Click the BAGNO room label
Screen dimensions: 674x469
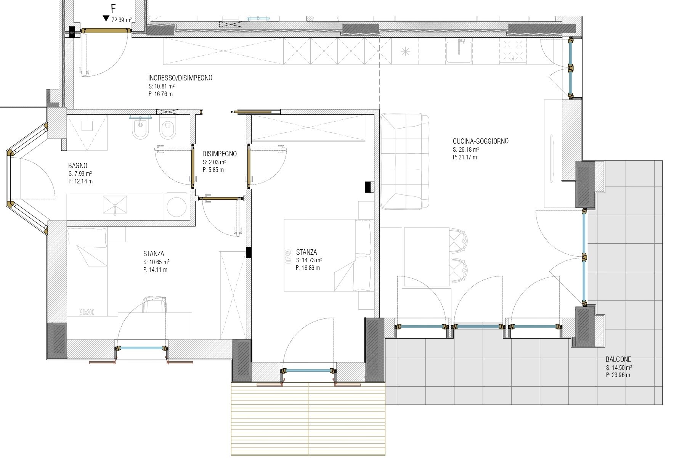pyautogui.click(x=78, y=165)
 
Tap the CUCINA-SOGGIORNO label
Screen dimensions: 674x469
pyautogui.click(x=480, y=141)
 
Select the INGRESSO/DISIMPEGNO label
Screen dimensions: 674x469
pyautogui.click(x=180, y=78)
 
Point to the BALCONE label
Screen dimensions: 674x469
pyautogui.click(x=618, y=359)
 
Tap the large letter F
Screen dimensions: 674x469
pyautogui.click(x=113, y=8)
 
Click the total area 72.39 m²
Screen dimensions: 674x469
pyautogui.click(x=122, y=20)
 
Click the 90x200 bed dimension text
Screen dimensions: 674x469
pyautogui.click(x=87, y=312)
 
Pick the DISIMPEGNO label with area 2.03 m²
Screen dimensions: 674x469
pyautogui.click(x=220, y=154)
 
